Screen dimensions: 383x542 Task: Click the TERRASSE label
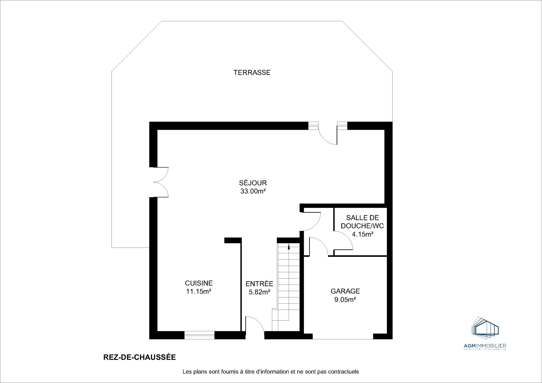[x=252, y=73]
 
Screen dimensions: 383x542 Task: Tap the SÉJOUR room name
[x=253, y=183]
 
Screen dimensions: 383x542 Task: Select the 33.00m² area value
[x=253, y=191]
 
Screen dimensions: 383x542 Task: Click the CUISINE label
[x=199, y=283]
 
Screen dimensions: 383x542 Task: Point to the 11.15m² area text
[x=199, y=292]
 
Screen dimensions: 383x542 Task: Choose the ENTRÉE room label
[x=259, y=284]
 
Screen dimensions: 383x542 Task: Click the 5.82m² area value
[x=259, y=292]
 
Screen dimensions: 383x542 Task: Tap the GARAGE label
[x=345, y=291]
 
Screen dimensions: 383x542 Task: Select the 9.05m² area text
[x=345, y=300]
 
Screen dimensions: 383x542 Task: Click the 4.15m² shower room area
[x=362, y=234]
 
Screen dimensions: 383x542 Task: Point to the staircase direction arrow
[x=288, y=246]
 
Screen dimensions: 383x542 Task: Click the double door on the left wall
[x=160, y=182]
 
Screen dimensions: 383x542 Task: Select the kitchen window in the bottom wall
[x=199, y=335]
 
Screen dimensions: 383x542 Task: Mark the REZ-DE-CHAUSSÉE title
[x=139, y=357]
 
